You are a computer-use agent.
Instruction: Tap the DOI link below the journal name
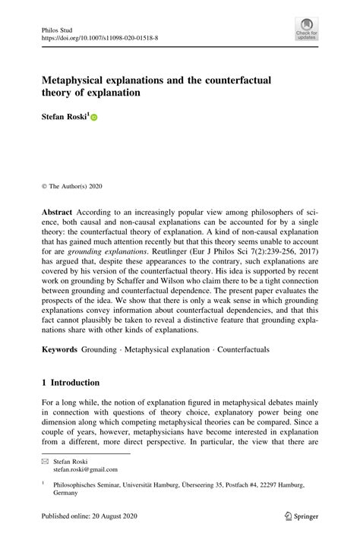99,35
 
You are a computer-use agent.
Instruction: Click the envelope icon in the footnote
45,461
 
